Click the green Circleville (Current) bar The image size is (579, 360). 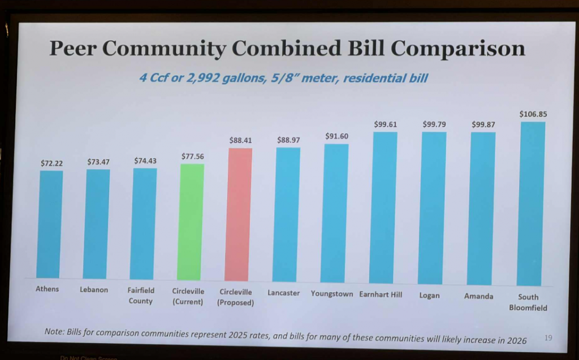[x=192, y=222]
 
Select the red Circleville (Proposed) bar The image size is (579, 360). [x=238, y=215]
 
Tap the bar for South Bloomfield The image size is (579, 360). [x=532, y=203]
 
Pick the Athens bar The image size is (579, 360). [x=50, y=224]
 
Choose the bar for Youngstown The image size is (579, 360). [x=335, y=213]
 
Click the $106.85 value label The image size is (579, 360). [x=533, y=114]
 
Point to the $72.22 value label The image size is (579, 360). [x=51, y=163]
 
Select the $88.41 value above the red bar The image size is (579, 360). [x=240, y=140]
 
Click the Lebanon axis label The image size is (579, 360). [x=94, y=290]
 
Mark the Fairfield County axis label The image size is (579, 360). [x=141, y=296]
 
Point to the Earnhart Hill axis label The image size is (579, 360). [x=381, y=294]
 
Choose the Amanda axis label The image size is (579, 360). [x=478, y=296]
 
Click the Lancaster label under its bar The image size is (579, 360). [x=284, y=293]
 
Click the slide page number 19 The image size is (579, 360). [x=548, y=338]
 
